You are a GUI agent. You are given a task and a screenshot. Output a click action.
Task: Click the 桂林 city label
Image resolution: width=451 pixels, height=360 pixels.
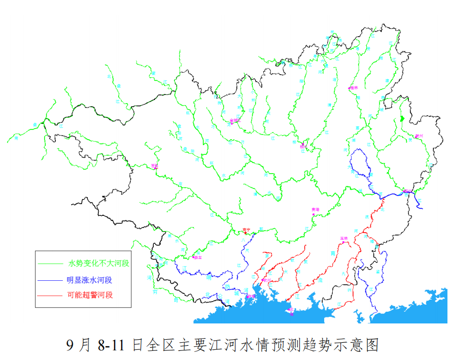click(354, 88)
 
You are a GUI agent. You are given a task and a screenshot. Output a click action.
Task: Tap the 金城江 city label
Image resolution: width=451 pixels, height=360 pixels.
click(234, 120)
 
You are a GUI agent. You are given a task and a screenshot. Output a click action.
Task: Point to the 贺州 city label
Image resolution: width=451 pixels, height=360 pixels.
click(419, 136)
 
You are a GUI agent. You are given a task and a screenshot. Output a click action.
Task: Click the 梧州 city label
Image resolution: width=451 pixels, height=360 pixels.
click(407, 190)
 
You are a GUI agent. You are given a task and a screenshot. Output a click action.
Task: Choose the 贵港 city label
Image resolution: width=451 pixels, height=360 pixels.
click(316, 209)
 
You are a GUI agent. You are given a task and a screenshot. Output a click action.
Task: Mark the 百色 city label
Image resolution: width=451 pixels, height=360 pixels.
click(155, 166)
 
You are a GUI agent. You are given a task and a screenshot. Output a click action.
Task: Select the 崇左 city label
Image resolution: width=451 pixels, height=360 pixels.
click(198, 258)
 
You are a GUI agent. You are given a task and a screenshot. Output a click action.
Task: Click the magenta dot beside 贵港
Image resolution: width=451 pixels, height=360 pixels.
click(314, 214)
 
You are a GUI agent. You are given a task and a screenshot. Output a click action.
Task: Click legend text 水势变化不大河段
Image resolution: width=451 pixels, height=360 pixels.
click(99, 264)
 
